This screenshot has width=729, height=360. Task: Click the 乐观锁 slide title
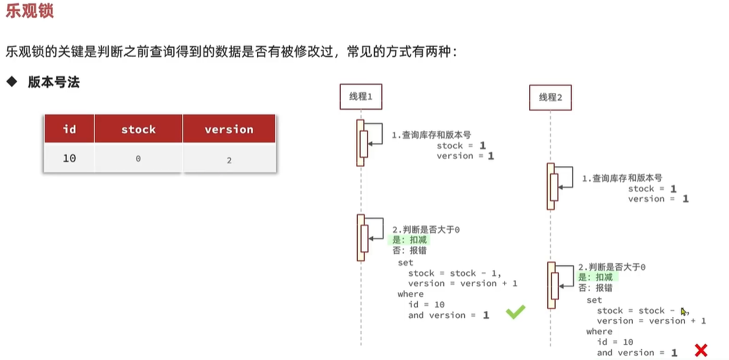tap(30, 11)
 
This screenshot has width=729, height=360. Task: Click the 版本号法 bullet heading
tap(54, 82)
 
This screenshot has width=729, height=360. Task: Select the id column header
tap(69, 129)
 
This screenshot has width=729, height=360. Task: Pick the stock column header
tap(138, 129)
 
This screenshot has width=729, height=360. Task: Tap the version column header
tap(229, 129)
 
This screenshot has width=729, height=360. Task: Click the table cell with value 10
tap(69, 159)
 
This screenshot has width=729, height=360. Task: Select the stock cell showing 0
tap(138, 159)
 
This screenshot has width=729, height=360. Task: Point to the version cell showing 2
tap(229, 160)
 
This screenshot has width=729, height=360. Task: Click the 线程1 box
tap(361, 97)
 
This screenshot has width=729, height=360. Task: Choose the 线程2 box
tap(550, 97)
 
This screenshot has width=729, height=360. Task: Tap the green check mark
tap(515, 313)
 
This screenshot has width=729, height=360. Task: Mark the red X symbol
tap(701, 350)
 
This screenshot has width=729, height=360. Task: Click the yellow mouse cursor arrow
tap(684, 312)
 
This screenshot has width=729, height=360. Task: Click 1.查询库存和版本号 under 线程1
tap(432, 135)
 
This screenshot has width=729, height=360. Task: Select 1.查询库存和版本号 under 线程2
tap(622, 178)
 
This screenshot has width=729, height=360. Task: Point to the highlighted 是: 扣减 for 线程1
tap(410, 240)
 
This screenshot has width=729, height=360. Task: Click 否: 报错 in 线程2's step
tap(595, 288)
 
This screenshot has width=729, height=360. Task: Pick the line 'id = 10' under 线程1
tap(426, 305)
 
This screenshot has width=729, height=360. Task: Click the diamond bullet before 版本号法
tap(11, 82)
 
